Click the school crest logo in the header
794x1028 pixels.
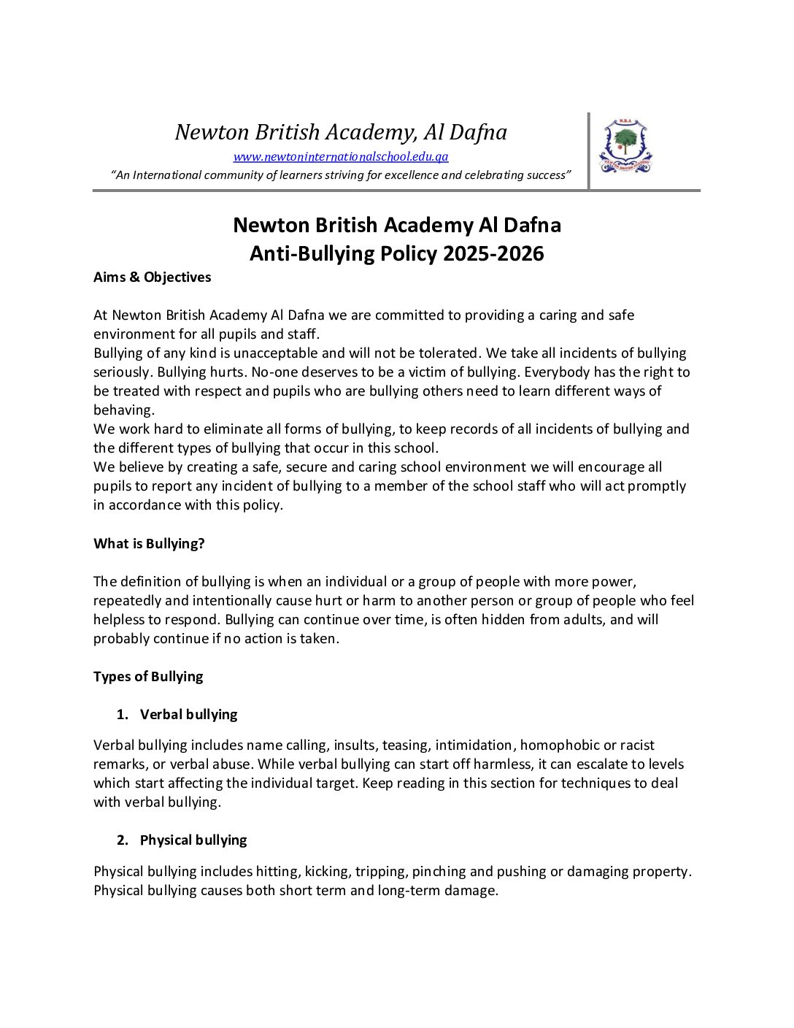point(625,146)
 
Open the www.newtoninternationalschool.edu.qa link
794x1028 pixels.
point(341,156)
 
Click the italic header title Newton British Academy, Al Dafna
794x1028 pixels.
point(341,132)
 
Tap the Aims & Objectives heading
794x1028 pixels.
point(152,277)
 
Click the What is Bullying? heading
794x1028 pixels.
point(149,544)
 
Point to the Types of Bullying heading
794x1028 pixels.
point(148,677)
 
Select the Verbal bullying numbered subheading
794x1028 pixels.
point(188,715)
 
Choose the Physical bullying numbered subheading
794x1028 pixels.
point(193,840)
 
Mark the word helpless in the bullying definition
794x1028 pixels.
point(119,620)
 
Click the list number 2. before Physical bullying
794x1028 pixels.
point(123,840)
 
